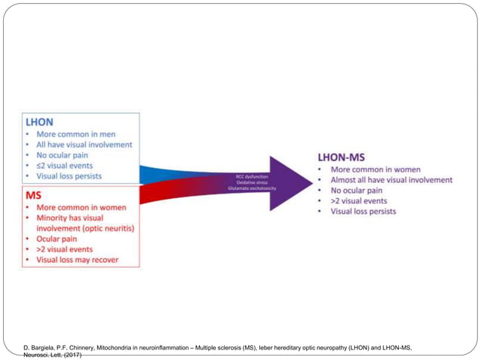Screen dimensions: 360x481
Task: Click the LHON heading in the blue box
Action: coord(39,121)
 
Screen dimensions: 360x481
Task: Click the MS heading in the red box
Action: coord(32,194)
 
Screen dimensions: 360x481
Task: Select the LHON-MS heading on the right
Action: coord(341,158)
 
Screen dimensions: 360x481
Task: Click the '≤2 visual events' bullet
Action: coord(67,166)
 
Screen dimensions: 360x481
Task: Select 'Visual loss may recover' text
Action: coord(78,260)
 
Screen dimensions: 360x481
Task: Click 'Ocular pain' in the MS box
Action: coord(58,239)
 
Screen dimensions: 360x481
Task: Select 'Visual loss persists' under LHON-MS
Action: coord(363,212)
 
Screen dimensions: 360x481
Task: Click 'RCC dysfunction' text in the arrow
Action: coord(252,175)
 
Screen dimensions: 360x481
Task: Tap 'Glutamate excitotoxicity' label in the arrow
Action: coord(252,188)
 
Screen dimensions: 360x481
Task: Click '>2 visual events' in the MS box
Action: coord(65,249)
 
